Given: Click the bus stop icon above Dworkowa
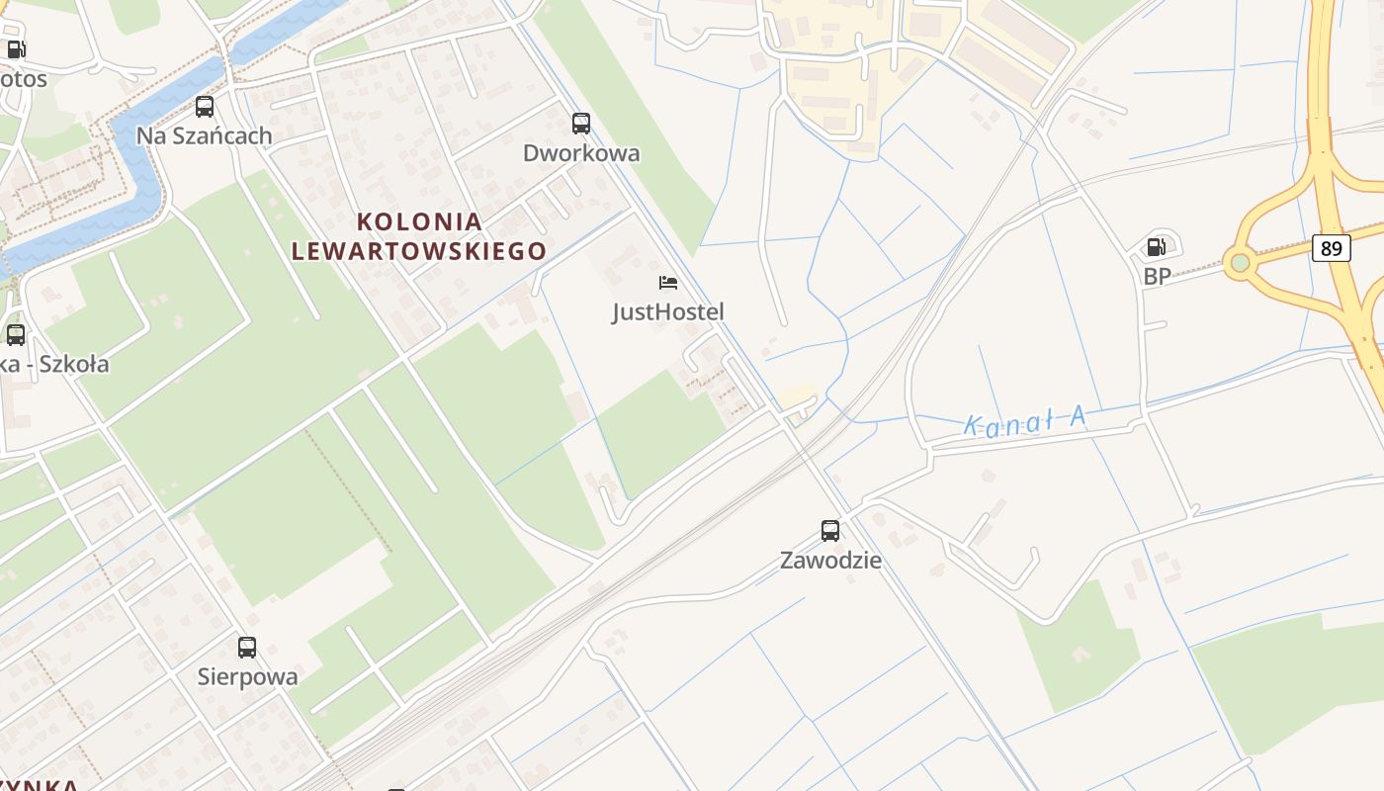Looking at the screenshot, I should pos(581,124).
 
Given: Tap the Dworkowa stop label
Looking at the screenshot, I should pos(581,153).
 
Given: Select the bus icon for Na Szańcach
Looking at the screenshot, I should pos(205,107).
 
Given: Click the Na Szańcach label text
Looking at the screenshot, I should pos(204,135).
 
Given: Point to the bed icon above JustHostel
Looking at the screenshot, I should pos(668,283).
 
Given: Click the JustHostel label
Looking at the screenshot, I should pos(668,312).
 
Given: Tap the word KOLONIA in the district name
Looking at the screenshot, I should pos(419,221).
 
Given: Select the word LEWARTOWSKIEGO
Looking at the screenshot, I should pos(419,251).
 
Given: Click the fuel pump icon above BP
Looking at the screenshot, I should pos(1156,247).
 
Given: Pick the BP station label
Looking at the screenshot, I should pos(1157,276).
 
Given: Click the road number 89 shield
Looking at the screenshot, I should pos(1332,248).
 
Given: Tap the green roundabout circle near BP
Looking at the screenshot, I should pos(1239,263).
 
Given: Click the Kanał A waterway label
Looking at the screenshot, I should pos(1025,422).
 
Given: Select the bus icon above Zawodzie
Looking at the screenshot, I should pos(830,531).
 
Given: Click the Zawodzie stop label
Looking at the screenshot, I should pos(830,561).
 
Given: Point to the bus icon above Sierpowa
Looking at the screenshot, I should pos(247,648).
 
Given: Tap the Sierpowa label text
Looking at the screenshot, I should pos(247,677).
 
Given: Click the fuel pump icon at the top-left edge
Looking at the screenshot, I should pos(16,49).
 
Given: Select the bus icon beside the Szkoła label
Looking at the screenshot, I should pos(16,335).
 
